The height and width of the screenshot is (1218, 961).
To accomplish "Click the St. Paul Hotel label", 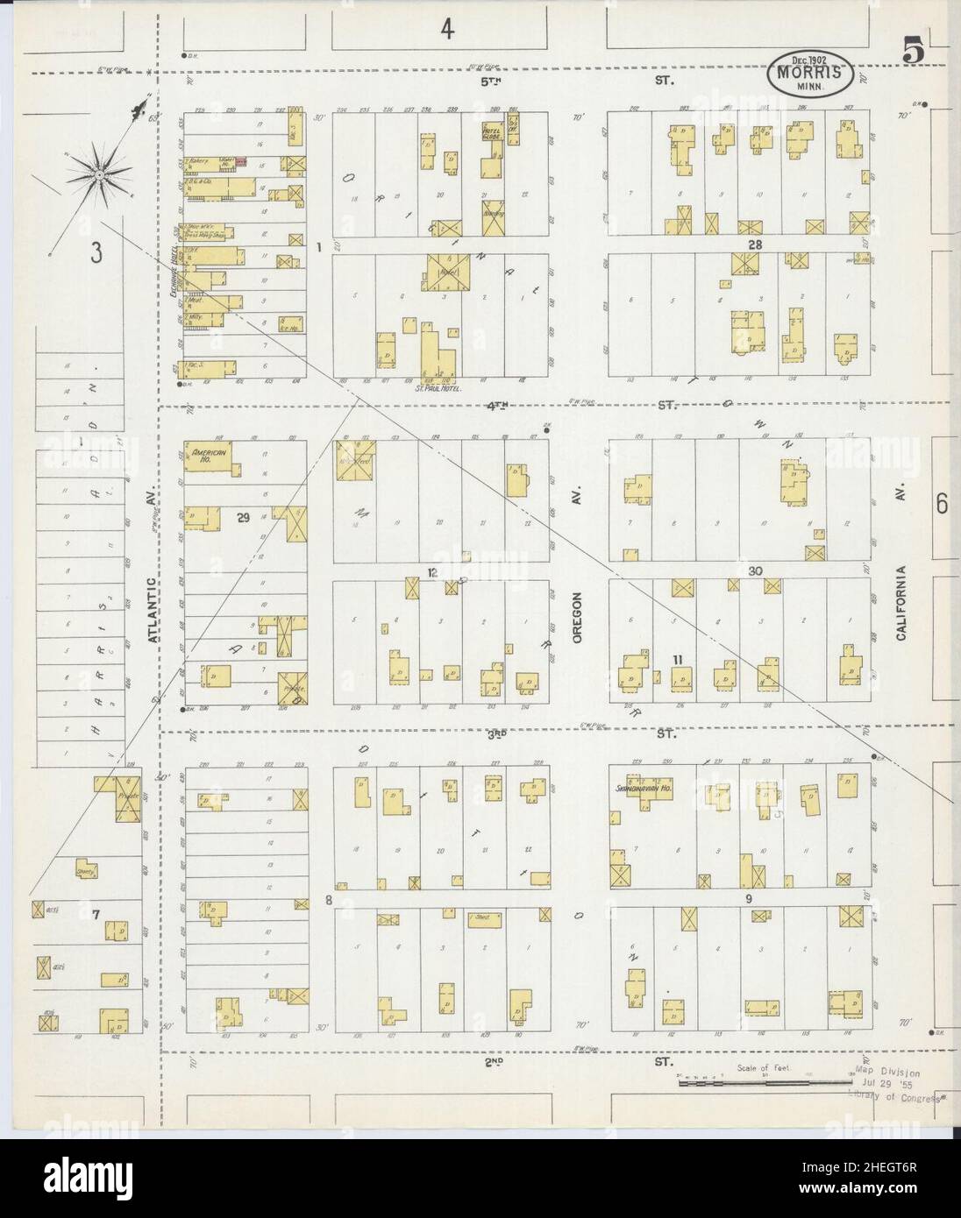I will [x=437, y=386].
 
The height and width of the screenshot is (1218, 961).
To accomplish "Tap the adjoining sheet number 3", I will [x=95, y=253].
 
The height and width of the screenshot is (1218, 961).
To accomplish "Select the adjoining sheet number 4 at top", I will [x=447, y=30].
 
